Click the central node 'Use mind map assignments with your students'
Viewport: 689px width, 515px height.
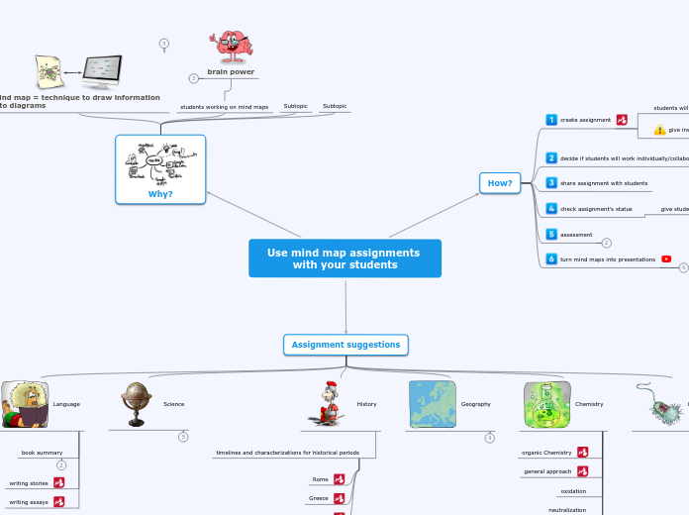pos(344,258)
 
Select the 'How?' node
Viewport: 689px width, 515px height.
pos(500,183)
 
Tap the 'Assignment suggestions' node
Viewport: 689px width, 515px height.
pos(345,345)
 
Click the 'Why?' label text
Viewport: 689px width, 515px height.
pos(160,194)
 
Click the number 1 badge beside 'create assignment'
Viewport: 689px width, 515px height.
pos(551,120)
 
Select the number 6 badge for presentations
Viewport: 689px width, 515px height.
pos(551,259)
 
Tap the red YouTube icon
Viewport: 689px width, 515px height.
pos(666,259)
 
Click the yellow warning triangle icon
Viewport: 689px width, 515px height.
pos(659,130)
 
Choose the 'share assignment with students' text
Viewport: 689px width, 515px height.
pos(604,183)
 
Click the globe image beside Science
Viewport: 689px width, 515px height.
pos(136,404)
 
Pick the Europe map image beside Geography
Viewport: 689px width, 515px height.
pos(433,404)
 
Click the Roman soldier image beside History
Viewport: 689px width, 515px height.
pos(328,404)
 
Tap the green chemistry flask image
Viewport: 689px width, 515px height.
pos(546,404)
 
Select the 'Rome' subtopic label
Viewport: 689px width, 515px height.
pos(320,479)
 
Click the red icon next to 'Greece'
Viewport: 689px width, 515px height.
pos(340,498)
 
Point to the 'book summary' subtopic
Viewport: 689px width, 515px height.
pos(42,453)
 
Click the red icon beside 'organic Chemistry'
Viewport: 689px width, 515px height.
pos(583,453)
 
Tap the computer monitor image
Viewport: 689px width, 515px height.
pos(102,70)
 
